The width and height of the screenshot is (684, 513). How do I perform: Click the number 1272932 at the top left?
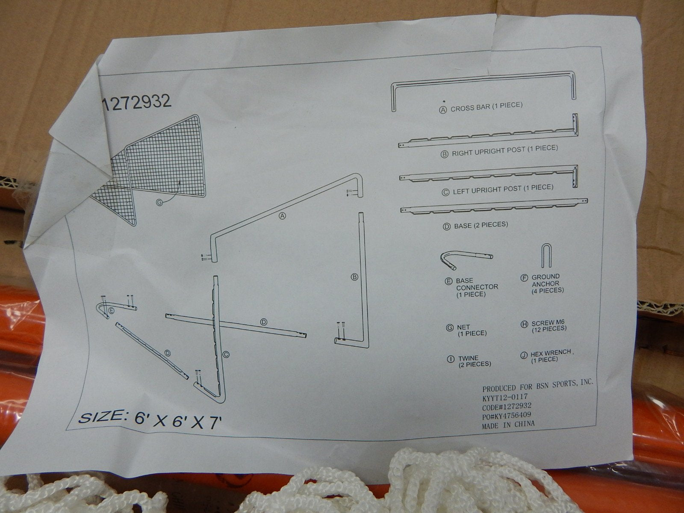point(137,102)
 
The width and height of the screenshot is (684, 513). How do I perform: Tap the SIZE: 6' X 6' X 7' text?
point(150,420)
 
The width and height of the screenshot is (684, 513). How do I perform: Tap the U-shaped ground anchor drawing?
point(546,255)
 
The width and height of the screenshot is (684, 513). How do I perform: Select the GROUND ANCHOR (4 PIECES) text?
point(548,283)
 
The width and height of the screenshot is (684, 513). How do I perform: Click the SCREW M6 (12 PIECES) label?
point(549,325)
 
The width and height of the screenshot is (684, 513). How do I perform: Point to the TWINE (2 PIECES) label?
point(474,361)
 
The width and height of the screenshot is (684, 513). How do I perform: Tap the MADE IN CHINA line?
point(508,424)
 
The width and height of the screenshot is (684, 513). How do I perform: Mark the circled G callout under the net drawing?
point(159,203)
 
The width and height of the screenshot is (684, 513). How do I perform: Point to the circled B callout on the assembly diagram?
point(354,277)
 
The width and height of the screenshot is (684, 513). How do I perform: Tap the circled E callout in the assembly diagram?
point(112,310)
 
